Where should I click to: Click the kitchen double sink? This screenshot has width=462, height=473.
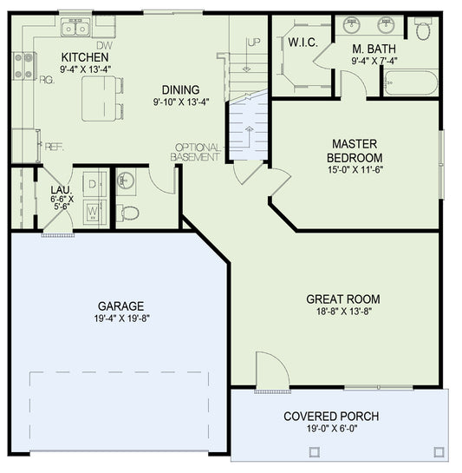pos(75,30)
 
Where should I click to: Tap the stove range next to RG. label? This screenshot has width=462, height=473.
pos(23,67)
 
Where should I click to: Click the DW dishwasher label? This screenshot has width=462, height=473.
pos(104,45)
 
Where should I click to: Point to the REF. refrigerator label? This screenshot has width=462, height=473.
pos(53,147)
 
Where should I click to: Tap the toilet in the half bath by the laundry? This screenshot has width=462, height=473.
pos(128,211)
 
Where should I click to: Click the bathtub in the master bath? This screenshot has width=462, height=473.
pos(410,84)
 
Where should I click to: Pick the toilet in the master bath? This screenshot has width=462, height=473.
pos(423,30)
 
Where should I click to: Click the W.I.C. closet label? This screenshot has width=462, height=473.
pos(301,42)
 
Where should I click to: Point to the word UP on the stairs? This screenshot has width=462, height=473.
pos(253,43)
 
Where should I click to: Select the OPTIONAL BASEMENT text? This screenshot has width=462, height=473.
pos(195,152)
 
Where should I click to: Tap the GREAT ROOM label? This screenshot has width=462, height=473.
pos(342,299)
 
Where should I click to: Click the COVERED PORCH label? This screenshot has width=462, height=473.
pos(330,416)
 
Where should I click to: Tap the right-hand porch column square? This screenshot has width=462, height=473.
pos(439,451)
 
